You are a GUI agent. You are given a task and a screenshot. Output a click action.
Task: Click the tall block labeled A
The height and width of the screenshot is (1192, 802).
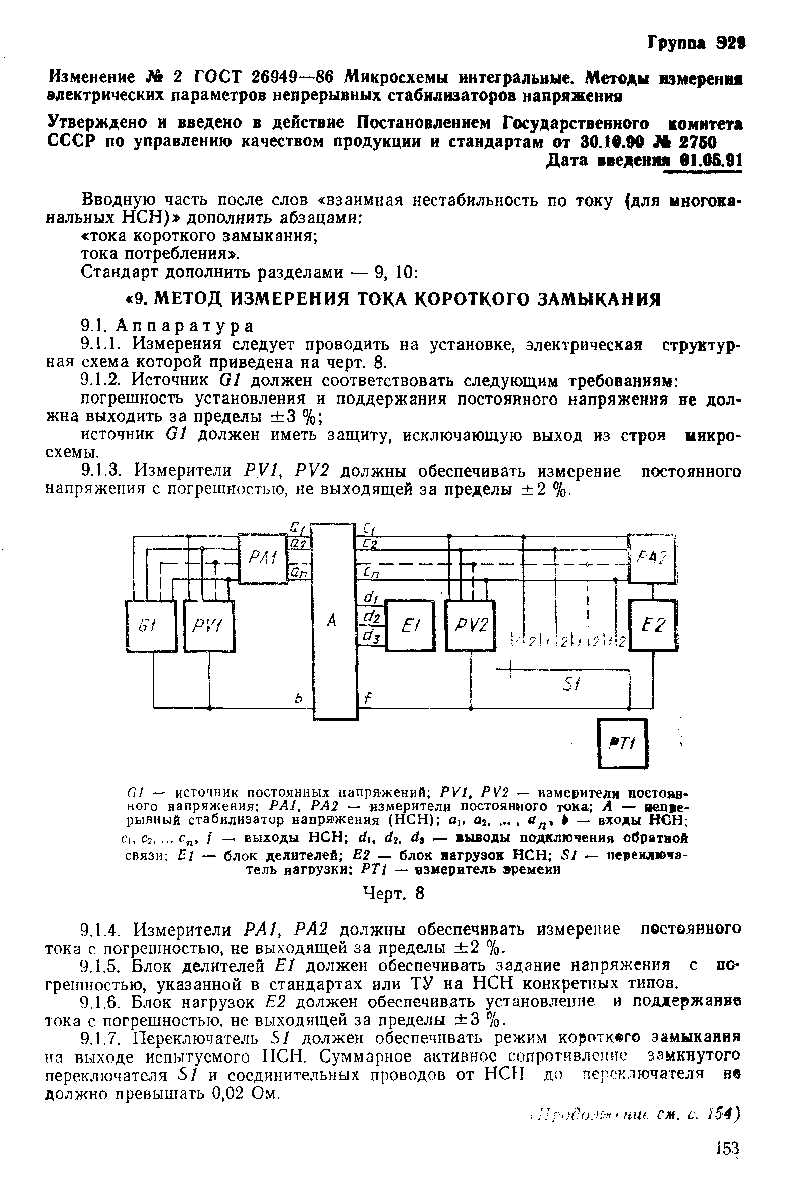click(x=333, y=620)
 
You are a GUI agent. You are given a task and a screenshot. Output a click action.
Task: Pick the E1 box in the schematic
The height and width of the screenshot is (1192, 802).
click(x=410, y=626)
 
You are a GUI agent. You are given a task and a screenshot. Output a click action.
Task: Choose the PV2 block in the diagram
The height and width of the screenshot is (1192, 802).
click(x=471, y=626)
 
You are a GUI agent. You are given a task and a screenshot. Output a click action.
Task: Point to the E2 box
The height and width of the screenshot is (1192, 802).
click(x=654, y=625)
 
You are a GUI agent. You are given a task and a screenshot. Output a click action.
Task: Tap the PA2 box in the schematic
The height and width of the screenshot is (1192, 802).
click(x=652, y=557)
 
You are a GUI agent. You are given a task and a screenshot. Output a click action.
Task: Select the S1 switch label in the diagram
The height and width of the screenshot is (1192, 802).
click(x=569, y=685)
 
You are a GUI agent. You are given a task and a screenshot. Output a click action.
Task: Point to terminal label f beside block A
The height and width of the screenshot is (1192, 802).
click(x=366, y=697)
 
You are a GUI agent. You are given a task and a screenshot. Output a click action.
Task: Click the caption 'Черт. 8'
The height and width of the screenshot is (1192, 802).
click(x=394, y=893)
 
